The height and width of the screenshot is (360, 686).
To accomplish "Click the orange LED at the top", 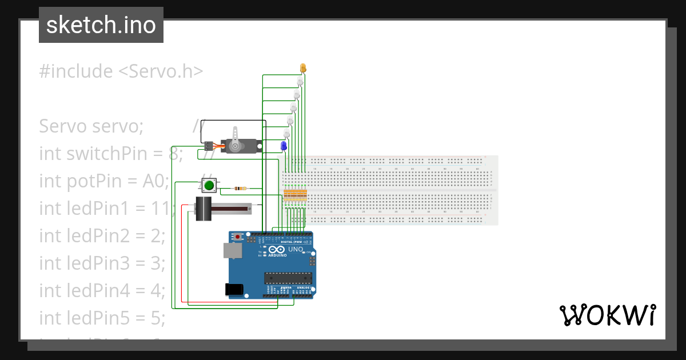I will click(x=303, y=68).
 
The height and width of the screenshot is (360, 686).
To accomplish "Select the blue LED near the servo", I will click(x=284, y=146).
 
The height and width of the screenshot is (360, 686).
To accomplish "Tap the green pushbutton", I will click(x=209, y=185).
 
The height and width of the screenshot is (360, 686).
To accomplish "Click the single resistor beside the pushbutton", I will click(x=241, y=188).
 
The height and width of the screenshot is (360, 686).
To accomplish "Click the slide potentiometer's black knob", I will click(x=203, y=209).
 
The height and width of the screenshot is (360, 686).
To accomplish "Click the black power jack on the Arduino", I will click(x=235, y=289).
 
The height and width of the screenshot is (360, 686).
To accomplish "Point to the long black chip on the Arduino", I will click(x=288, y=278).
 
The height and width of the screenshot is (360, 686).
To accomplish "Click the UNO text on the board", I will click(x=295, y=250).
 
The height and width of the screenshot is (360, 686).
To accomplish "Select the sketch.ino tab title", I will click(x=101, y=25).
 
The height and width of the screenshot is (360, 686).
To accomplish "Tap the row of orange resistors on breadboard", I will click(x=295, y=195).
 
